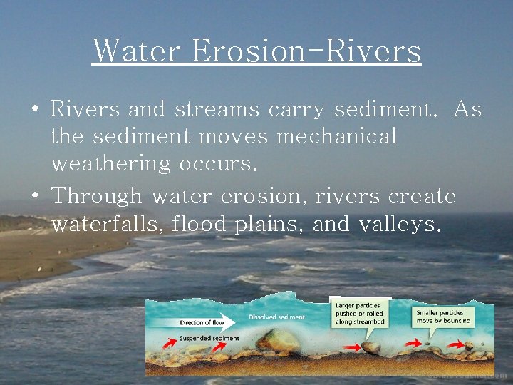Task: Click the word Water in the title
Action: point(135,51)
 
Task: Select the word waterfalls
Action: point(109,225)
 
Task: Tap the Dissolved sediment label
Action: point(276,317)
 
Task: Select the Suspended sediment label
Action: point(209,338)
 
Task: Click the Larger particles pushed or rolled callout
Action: point(360,314)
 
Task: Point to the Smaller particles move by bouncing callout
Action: point(441,317)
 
